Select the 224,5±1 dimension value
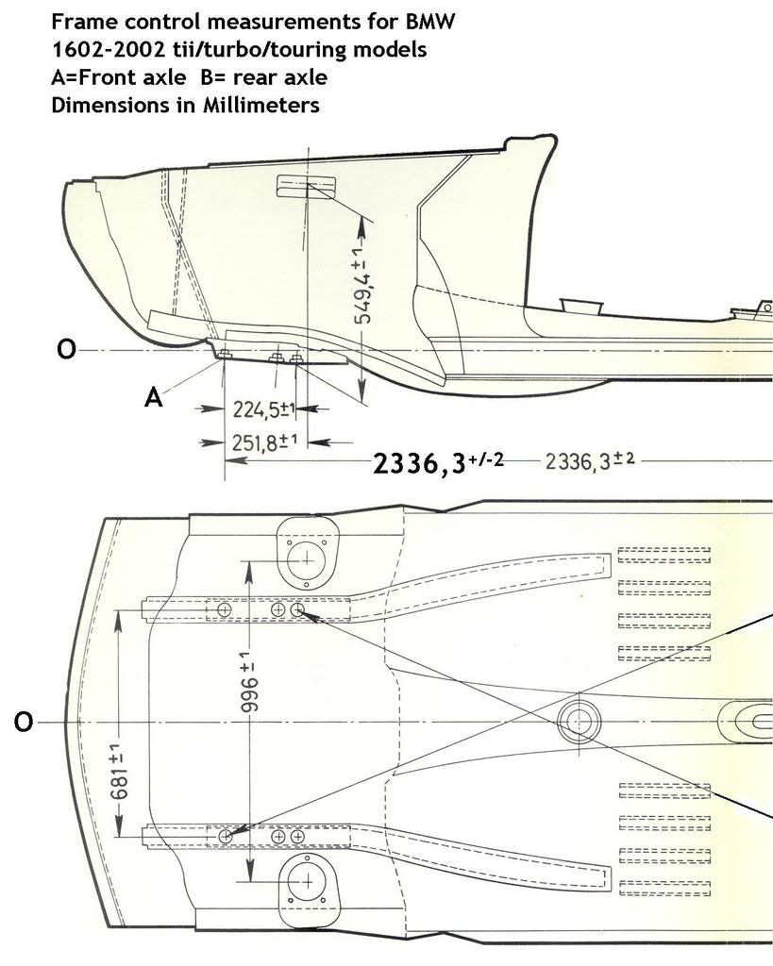pyautogui.click(x=264, y=409)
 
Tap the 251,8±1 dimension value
pyautogui.click(x=264, y=441)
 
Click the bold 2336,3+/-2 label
pyautogui.click(x=438, y=463)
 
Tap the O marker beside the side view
pyautogui.click(x=65, y=350)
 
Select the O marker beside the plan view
pyautogui.click(x=25, y=723)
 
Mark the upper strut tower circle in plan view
pyautogui.click(x=307, y=558)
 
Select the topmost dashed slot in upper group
pyautogui.click(x=663, y=552)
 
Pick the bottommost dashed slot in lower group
pyautogui.click(x=663, y=887)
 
